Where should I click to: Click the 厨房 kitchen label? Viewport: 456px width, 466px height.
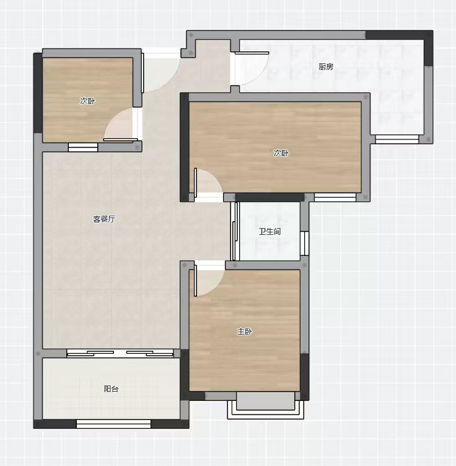click(326, 66)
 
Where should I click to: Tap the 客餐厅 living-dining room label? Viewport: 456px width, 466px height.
click(104, 219)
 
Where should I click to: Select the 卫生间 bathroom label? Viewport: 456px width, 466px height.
click(270, 231)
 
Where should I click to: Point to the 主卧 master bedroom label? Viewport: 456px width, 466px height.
click(244, 332)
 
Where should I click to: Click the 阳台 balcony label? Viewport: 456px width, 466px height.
click(111, 389)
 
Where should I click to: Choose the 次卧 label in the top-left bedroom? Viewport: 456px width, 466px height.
click(87, 101)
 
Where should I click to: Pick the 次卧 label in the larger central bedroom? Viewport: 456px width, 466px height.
click(281, 153)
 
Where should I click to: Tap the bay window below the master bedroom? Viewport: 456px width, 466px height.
click(266, 405)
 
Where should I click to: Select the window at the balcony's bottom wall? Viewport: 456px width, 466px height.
click(114, 424)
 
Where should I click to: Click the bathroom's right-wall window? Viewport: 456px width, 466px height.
click(304, 244)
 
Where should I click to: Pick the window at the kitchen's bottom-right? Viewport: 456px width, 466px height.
click(397, 139)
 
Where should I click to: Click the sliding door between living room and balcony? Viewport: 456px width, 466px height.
click(120, 353)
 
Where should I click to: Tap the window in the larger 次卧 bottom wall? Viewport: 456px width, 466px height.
click(335, 197)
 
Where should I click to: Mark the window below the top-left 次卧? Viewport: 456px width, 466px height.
click(83, 147)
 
